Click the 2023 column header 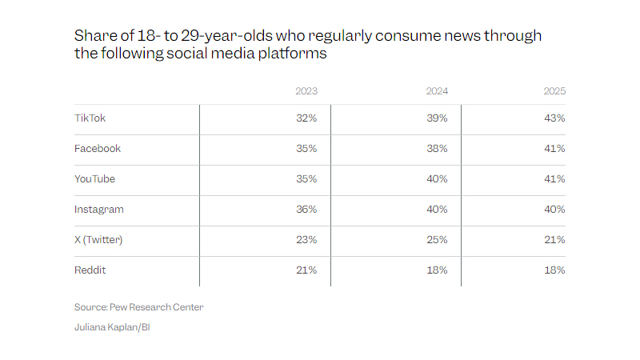tap(306, 91)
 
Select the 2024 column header tap(437, 91)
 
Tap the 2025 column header tap(554, 91)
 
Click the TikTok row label tap(90, 118)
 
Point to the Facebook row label tap(97, 149)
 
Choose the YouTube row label tap(95, 179)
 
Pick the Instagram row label tap(98, 210)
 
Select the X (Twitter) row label tap(99, 240)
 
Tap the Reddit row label tap(90, 270)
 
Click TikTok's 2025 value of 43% tap(554, 118)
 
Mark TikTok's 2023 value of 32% tap(306, 118)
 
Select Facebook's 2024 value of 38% tap(437, 149)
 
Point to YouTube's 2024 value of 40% tap(437, 179)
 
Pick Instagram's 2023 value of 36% tap(306, 210)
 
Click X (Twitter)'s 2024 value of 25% tap(437, 240)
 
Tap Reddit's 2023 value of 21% tap(306, 270)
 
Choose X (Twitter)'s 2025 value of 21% tap(554, 240)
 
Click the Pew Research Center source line tap(139, 307)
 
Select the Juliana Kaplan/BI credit tap(112, 326)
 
